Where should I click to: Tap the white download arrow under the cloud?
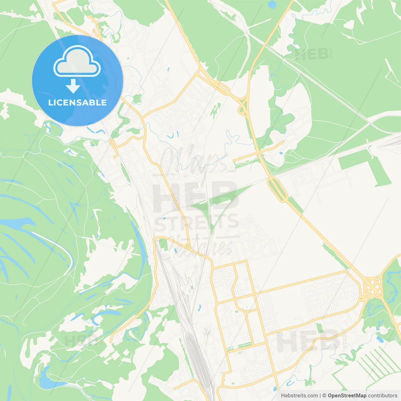coord(73,86)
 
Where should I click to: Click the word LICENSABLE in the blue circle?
coord(77,102)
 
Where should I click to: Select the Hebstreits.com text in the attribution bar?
coord(299,396)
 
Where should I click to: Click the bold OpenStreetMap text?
coord(347,396)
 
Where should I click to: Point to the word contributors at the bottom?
coord(383,396)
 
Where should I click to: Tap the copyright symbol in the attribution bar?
coord(324,396)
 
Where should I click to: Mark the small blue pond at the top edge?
coord(272,4)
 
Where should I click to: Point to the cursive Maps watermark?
coord(194,160)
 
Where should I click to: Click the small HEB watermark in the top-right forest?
coord(312,55)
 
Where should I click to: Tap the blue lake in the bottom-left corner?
coord(47,381)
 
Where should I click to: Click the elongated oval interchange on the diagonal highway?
coord(278,189)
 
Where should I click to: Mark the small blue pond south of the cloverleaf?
coord(380,339)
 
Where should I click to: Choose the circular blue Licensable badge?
coord(77,81)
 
